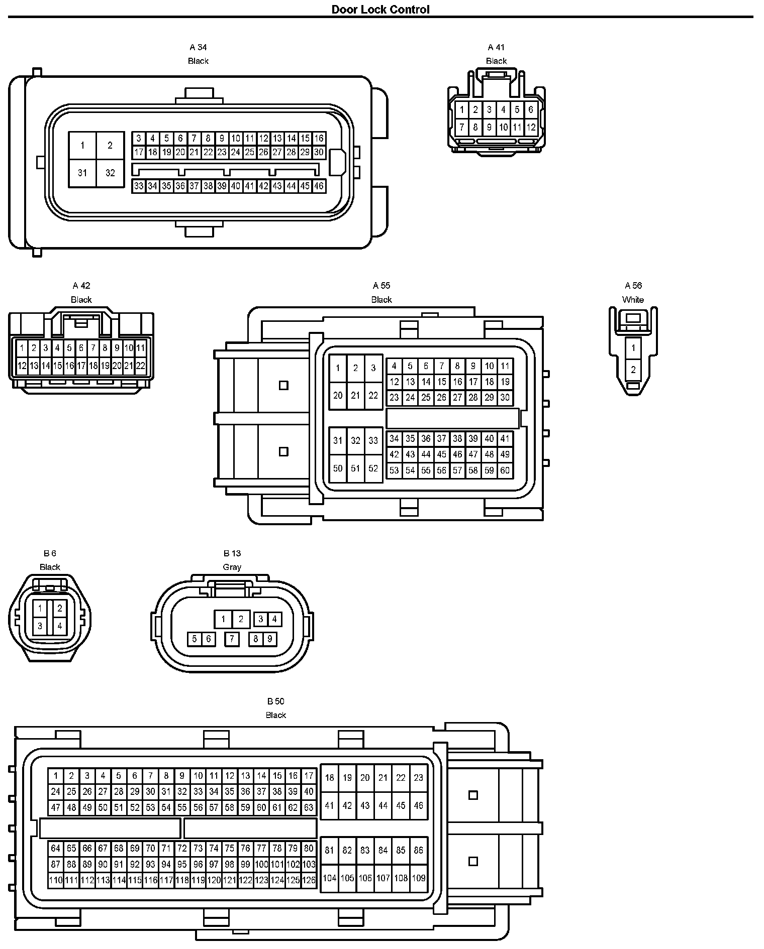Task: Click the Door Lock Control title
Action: point(380,9)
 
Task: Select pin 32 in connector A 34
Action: point(110,173)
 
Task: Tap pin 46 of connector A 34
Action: point(319,186)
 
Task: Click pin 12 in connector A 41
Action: point(531,128)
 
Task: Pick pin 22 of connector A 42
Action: point(140,366)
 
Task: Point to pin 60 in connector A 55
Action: point(505,470)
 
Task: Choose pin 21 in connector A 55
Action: point(355,395)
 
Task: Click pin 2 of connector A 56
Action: point(633,370)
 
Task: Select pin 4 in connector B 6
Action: point(59,626)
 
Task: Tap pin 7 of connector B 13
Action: point(232,639)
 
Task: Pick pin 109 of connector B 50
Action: point(418,878)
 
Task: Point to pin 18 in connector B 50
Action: point(329,778)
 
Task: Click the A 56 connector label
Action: point(633,286)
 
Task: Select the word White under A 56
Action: point(633,300)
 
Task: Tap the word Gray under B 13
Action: point(232,567)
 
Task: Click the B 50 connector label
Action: point(275,701)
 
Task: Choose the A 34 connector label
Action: point(198,47)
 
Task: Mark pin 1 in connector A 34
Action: point(82,146)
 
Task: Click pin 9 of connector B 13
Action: point(269,639)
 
